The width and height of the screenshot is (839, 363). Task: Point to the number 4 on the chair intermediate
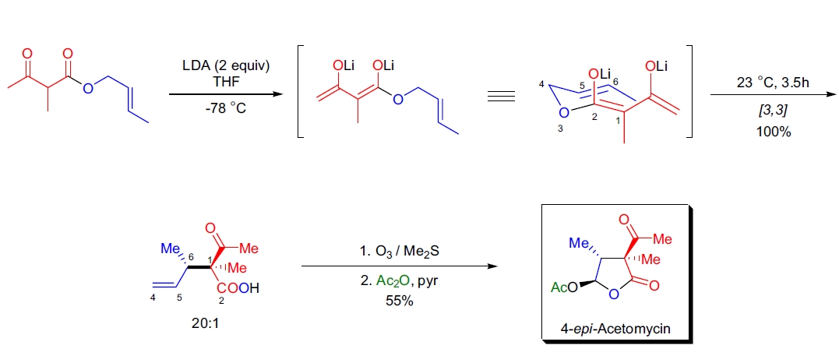coord(541,83)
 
